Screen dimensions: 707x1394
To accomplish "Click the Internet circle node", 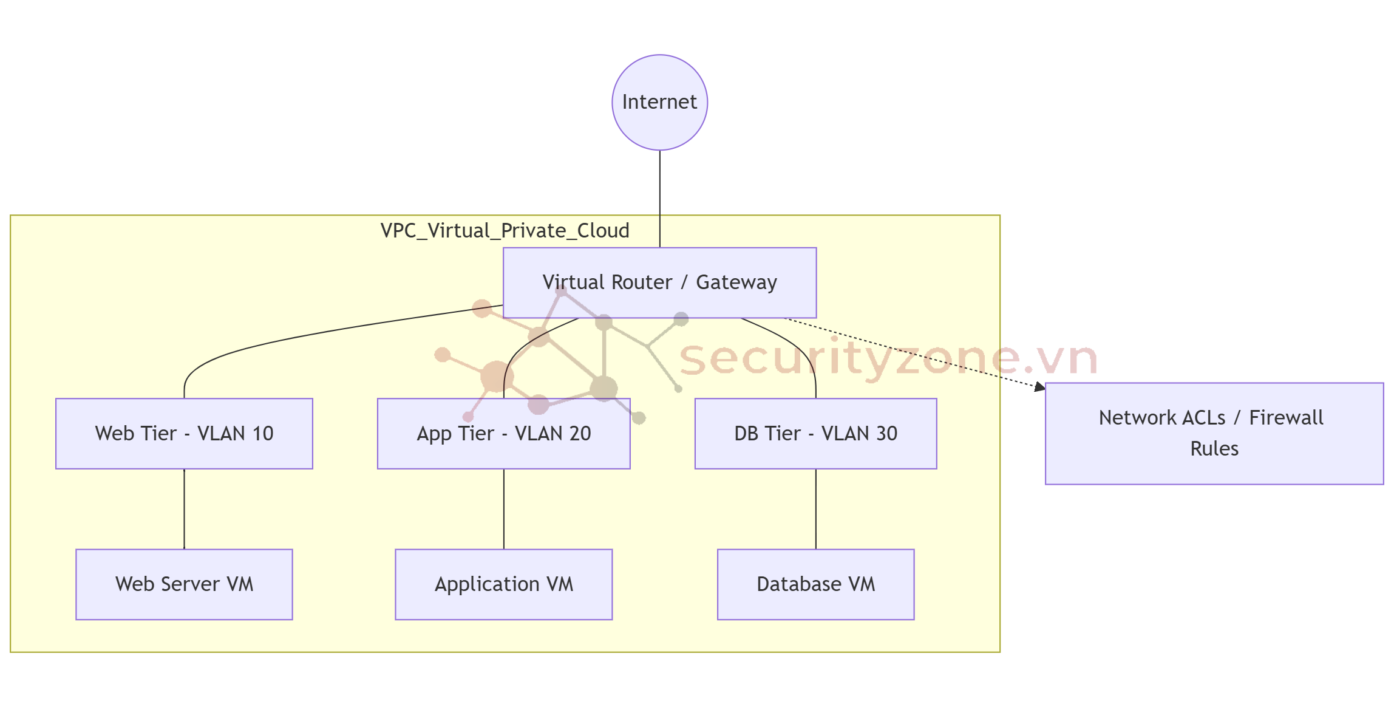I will (659, 103).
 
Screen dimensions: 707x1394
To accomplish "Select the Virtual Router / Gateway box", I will (659, 282).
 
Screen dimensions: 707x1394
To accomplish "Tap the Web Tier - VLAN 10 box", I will (184, 434).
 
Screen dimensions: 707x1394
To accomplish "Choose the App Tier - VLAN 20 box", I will (503, 434).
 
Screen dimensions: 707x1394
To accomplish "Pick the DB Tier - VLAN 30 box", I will (815, 434).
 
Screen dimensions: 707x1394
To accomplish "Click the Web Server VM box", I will (184, 584).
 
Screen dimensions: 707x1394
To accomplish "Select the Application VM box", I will (503, 584).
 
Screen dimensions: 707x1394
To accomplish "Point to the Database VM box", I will (815, 584).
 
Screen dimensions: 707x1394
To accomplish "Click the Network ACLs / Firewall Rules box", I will (1214, 433).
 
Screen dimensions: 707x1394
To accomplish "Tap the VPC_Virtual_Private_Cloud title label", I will (505, 231).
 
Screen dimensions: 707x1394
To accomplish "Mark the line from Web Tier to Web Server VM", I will (184, 509).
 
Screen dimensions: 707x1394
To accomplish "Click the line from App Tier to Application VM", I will (504, 509).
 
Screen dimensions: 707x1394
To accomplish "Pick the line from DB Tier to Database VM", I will (815, 509).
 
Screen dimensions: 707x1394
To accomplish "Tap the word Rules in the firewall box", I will (1214, 449).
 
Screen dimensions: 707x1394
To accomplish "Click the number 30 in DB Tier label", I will (886, 434).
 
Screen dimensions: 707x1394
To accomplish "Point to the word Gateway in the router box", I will (736, 282).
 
